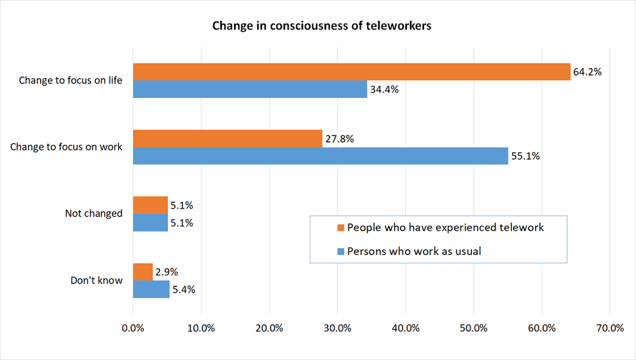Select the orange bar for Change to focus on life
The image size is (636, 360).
click(352, 72)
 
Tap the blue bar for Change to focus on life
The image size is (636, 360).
click(250, 89)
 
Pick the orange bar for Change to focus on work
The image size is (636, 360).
click(228, 139)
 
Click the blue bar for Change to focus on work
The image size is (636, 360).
click(321, 156)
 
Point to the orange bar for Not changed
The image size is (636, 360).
click(150, 205)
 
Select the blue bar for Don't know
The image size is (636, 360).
click(151, 289)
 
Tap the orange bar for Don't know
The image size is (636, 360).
click(143, 272)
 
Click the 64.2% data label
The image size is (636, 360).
click(588, 72)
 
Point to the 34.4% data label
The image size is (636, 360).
click(384, 90)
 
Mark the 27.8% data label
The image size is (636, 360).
click(340, 139)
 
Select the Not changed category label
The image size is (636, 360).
click(93, 214)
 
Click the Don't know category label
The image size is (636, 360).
click(96, 280)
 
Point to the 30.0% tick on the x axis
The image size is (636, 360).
click(337, 328)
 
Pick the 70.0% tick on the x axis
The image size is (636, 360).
click(609, 328)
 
